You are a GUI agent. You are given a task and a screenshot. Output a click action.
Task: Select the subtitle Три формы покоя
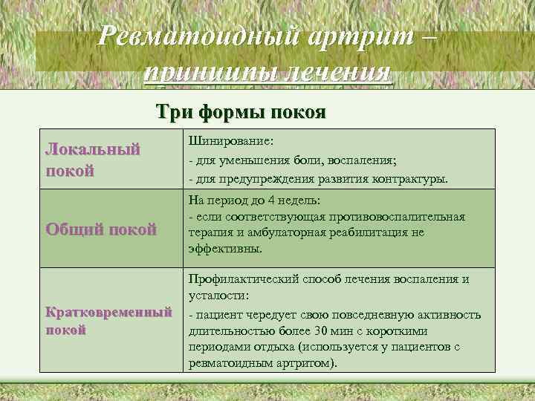pyautogui.click(x=241, y=112)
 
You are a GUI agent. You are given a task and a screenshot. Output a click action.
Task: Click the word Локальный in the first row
pyautogui.click(x=93, y=149)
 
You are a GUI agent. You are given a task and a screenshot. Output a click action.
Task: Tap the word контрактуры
pyautogui.click(x=413, y=179)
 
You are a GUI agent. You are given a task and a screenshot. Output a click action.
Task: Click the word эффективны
pyautogui.click(x=225, y=249)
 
